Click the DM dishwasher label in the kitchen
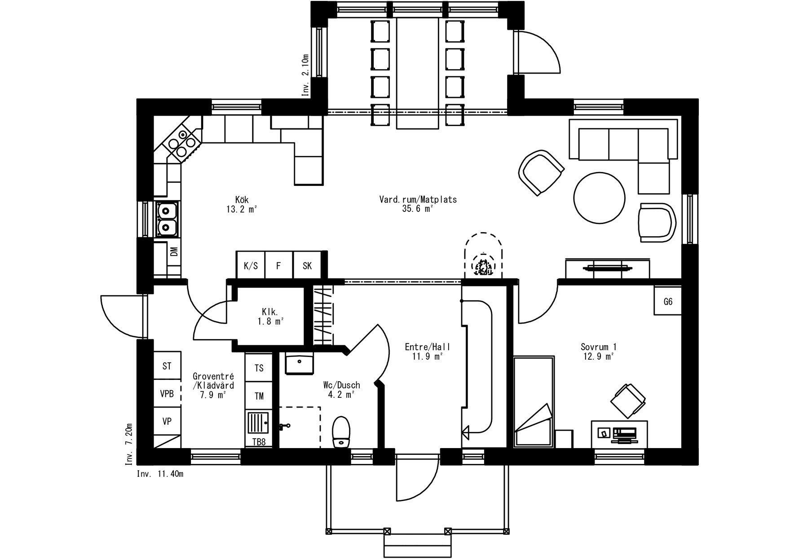pos(174,251)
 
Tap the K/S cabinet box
pos(251,265)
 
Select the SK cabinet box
pos(308,265)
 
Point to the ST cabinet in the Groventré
pos(167,366)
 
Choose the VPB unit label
pos(167,394)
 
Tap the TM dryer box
pos(259,396)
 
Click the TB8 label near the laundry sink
pos(259,442)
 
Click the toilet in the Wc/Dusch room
pos(341,432)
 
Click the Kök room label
pos(242,199)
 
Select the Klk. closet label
pos(270,311)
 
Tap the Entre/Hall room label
pos(427,347)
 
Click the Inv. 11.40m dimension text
pos(160,474)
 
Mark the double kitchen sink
pos(167,220)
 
